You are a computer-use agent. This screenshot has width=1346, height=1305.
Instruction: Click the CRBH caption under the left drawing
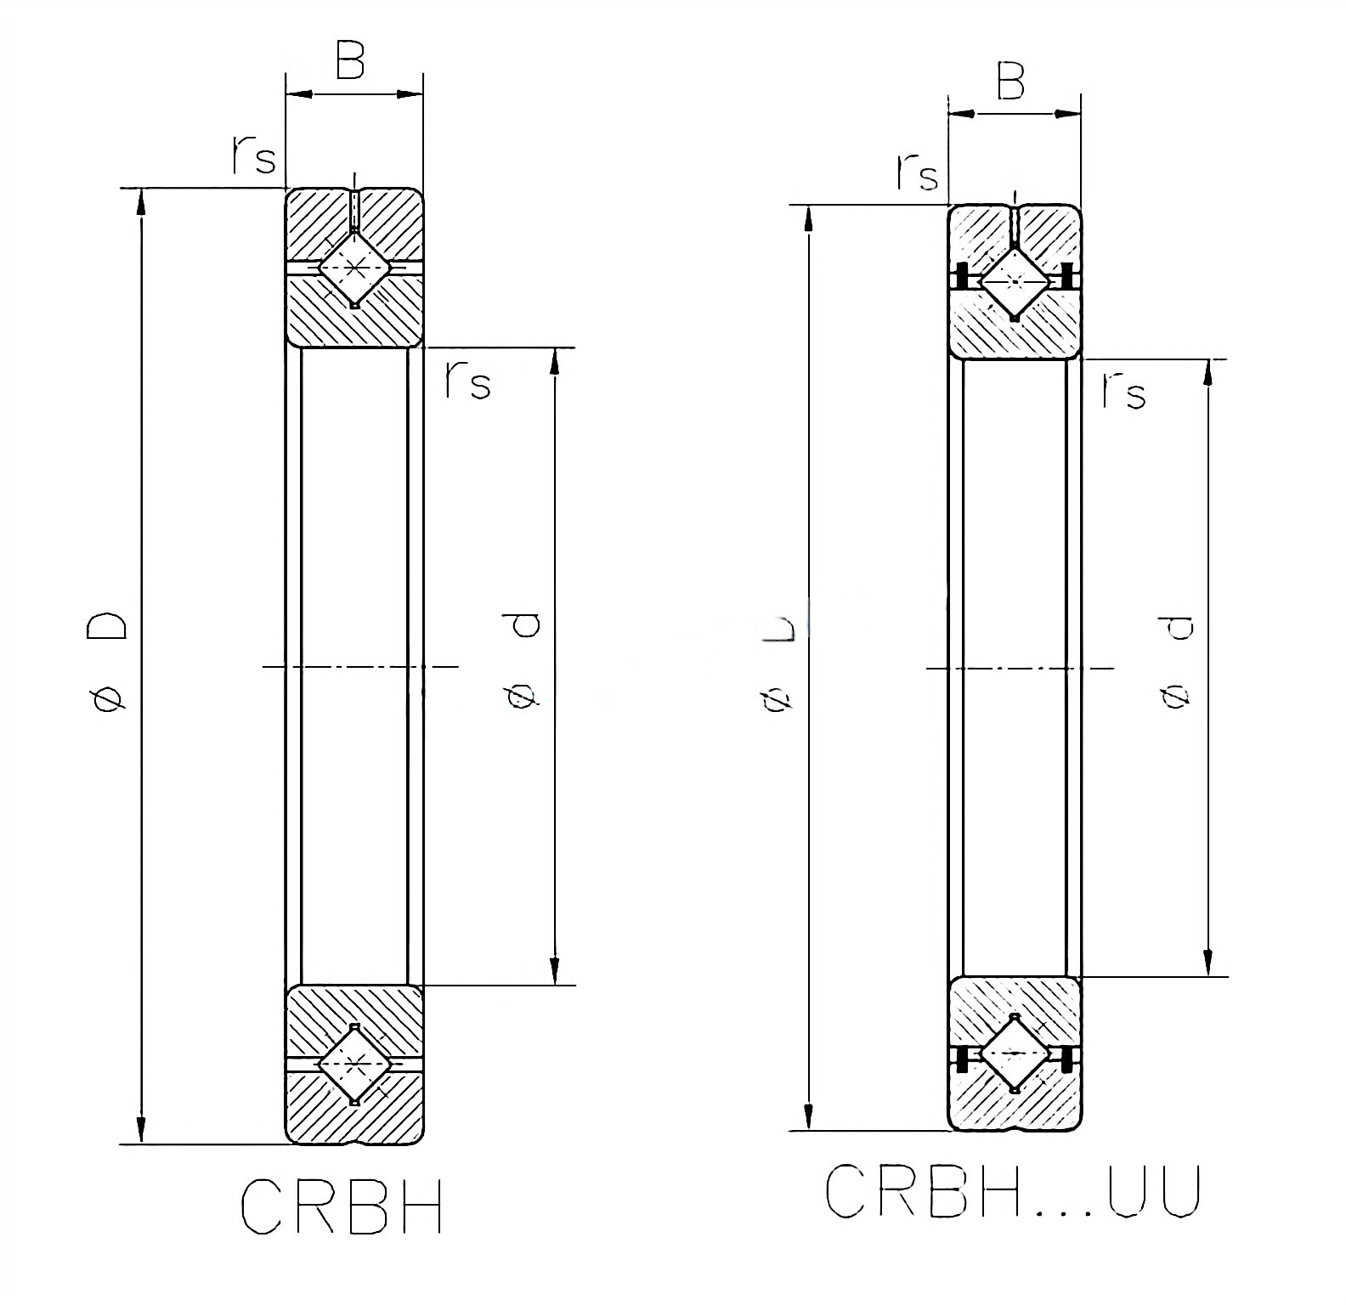click(342, 1205)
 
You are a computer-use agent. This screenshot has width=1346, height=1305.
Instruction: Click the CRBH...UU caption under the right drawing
click(1012, 1190)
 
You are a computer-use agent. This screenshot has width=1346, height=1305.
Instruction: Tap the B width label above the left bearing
click(349, 61)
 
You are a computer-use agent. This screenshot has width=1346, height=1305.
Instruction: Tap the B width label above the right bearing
click(1010, 82)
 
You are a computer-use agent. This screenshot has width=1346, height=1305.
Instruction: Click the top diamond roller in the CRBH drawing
click(354, 268)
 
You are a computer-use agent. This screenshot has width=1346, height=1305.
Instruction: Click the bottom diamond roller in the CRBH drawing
click(354, 1064)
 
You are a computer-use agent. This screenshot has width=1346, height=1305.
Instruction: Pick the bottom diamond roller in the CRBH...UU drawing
click(1015, 1053)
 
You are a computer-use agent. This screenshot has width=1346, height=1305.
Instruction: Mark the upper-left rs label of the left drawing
click(253, 155)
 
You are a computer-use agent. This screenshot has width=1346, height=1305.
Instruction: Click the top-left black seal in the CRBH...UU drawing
click(963, 277)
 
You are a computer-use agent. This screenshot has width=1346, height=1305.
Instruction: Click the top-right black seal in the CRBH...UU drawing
click(1067, 277)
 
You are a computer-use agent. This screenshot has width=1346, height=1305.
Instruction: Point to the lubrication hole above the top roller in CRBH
click(354, 210)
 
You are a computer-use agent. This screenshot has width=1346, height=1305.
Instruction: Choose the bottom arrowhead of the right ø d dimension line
click(1207, 963)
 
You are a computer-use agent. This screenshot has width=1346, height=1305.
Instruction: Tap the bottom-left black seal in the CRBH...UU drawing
click(963, 1059)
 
